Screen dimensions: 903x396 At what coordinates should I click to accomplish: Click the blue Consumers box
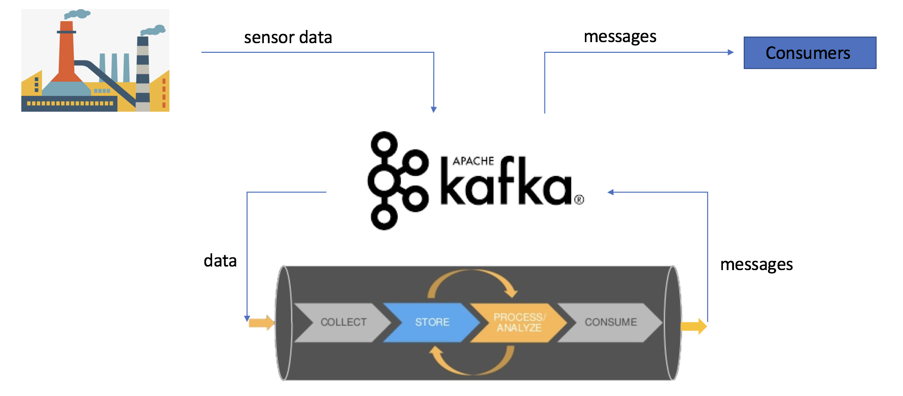810,53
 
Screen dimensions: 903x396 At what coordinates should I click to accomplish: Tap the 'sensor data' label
288,37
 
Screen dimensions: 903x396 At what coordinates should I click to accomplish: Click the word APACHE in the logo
473,161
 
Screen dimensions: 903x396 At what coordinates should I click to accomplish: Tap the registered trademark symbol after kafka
579,200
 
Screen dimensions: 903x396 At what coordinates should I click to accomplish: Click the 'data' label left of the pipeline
220,260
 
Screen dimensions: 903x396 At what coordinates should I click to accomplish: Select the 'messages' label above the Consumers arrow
620,37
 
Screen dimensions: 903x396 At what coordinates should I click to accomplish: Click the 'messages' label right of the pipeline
756,265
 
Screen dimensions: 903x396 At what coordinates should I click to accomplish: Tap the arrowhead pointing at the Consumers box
731,52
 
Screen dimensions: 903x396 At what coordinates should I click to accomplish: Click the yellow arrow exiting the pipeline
693,326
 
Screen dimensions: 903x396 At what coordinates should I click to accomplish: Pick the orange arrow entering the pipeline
262,322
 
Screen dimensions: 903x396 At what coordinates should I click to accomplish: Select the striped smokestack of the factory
143,74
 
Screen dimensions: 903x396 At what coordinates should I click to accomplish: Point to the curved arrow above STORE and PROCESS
472,283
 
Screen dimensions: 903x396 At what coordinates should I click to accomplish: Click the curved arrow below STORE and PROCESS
472,360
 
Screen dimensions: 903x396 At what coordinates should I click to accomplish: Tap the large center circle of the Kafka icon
384,181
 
